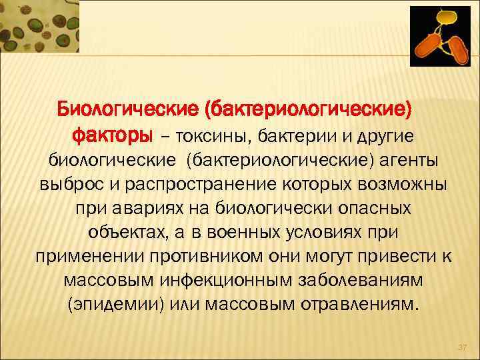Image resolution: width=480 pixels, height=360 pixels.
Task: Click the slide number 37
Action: tap(461, 347)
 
